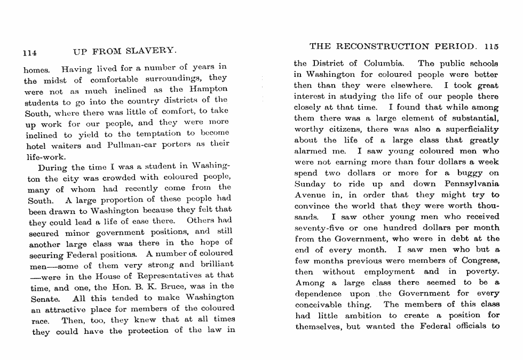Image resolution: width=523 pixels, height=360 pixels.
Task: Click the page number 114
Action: [x=29, y=53]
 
